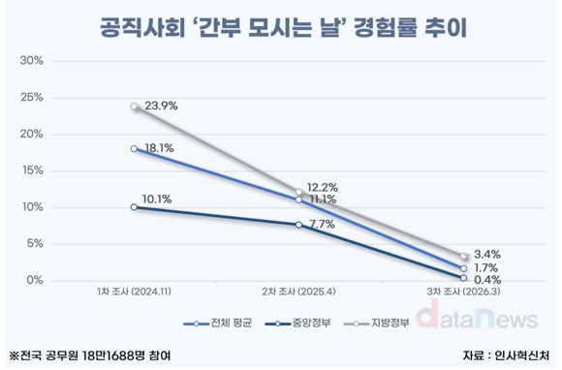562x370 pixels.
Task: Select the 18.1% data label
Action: (158, 149)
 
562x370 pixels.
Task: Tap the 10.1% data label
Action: (158, 200)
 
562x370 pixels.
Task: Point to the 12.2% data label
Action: (322, 187)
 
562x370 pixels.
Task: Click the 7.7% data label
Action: (321, 224)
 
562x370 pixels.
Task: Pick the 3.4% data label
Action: (487, 253)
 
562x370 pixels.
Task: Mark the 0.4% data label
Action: (487, 281)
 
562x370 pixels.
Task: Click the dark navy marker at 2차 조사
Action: (298, 225)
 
